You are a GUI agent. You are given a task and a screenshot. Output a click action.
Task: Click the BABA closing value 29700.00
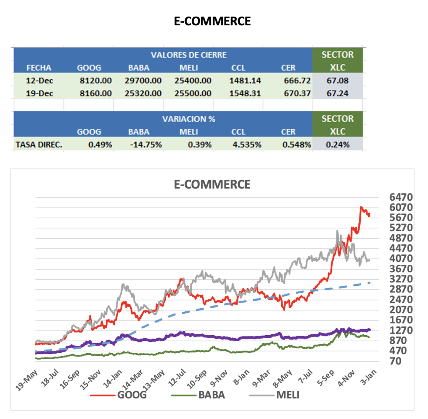[145, 81]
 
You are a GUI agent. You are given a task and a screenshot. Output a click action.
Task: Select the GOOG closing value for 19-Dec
[96, 93]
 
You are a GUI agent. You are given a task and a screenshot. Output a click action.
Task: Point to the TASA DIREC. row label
[38, 144]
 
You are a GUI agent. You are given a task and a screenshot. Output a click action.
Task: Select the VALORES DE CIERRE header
[189, 55]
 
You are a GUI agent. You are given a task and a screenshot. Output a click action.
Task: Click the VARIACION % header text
[189, 119]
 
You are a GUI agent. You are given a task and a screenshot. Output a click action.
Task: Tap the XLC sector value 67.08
[338, 81]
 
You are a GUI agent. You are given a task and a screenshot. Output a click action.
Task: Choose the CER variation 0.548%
[296, 144]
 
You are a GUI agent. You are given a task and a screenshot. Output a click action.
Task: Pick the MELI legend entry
[286, 395]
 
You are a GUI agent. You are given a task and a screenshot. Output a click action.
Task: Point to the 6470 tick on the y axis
[400, 197]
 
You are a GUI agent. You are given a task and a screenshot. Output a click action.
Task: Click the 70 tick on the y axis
[395, 361]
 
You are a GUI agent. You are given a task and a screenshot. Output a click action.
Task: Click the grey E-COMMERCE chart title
[212, 184]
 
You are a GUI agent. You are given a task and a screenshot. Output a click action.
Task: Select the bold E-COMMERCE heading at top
[212, 21]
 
